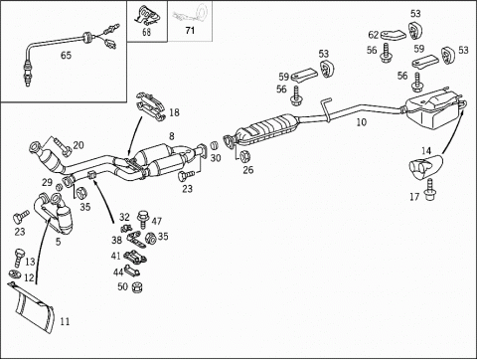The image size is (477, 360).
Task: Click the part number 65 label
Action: point(66,55)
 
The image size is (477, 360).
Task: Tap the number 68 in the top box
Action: point(146,32)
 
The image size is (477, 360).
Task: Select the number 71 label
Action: point(190,31)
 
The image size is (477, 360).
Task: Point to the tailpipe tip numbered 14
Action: point(426,166)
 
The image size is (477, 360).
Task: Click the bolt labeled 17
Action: point(429,190)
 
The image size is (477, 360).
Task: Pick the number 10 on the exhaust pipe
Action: point(362,122)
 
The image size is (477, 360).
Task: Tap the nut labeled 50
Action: point(137,287)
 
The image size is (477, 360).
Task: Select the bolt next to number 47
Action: point(143,219)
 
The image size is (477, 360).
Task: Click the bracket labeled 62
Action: point(393,35)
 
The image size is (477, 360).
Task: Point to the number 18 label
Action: point(174,112)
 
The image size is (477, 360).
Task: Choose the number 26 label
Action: point(248,170)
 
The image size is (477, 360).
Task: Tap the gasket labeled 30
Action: point(215,145)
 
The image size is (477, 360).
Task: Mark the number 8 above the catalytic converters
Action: point(171,136)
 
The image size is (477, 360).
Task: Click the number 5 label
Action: point(59,242)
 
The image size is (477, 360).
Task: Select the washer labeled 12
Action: point(15,274)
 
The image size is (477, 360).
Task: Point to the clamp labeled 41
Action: point(135,257)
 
